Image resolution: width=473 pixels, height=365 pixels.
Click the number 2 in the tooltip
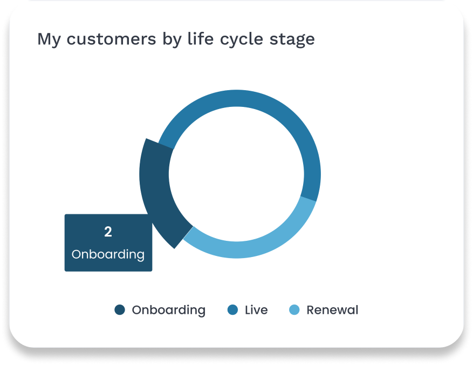coord(108,232)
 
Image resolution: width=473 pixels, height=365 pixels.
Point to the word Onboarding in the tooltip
coord(108,254)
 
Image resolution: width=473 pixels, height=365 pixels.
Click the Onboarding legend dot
coord(120,310)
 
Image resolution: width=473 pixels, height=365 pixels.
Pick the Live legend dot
coord(232,310)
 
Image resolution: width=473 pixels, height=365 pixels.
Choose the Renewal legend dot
coord(294,310)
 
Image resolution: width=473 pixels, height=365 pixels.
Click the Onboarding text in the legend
coord(169,310)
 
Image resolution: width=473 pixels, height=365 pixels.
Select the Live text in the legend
coord(256,310)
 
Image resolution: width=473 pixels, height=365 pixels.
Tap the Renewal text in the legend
coord(332,310)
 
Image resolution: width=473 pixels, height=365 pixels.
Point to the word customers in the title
coord(111,39)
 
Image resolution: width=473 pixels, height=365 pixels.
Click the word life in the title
coord(201,38)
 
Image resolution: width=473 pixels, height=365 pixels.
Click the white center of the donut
coord(236,174)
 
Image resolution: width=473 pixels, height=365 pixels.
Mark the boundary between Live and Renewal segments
coord(309,199)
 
